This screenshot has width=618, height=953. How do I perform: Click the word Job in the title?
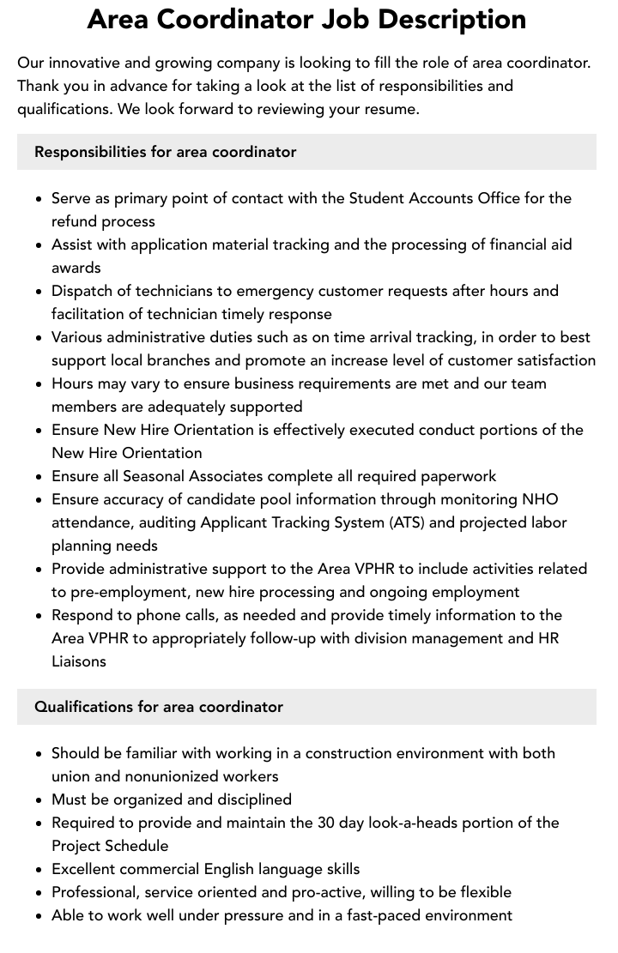click(352, 20)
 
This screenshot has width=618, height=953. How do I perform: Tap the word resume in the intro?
click(390, 109)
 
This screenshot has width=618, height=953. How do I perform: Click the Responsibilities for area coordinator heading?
click(165, 152)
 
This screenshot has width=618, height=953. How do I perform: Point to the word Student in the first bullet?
click(379, 198)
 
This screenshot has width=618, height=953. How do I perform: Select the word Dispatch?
click(83, 291)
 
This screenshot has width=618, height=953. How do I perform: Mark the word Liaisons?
click(79, 661)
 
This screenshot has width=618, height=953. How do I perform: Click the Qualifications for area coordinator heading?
click(159, 707)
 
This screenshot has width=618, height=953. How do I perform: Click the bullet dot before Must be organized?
click(39, 800)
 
